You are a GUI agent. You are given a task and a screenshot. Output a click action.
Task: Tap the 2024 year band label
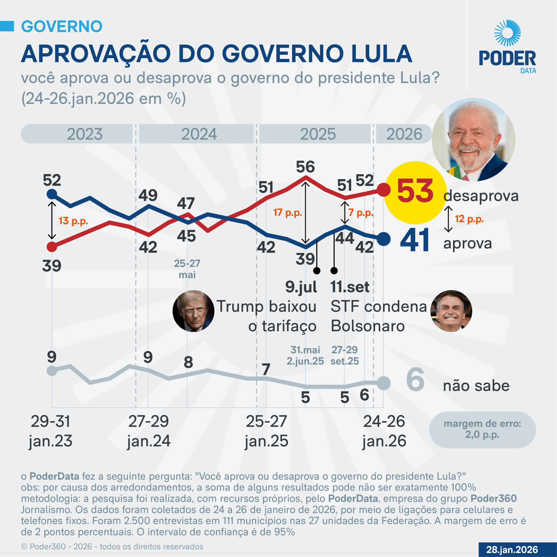(199, 134)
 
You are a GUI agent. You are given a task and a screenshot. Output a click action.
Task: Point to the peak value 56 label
(305, 167)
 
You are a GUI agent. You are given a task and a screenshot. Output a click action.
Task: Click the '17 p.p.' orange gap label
(287, 213)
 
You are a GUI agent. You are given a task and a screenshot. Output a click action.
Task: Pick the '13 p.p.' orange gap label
(73, 221)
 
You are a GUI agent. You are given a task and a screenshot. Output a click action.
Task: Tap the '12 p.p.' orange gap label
(469, 219)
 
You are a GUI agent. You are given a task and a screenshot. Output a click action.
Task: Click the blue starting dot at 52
(52, 194)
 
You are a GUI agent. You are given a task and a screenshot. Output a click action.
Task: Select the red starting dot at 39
(52, 247)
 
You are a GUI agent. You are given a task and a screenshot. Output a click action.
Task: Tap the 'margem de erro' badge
(482, 429)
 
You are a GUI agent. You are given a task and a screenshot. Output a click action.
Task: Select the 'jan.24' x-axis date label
(149, 441)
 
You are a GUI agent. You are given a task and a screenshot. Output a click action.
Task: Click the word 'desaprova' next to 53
(481, 196)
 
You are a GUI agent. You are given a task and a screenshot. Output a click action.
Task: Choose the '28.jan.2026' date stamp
(512, 550)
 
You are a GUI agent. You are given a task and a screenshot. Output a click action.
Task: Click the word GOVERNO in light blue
(62, 27)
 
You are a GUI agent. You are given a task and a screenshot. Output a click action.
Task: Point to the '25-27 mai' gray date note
(187, 269)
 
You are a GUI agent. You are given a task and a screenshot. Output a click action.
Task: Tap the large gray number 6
(415, 380)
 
